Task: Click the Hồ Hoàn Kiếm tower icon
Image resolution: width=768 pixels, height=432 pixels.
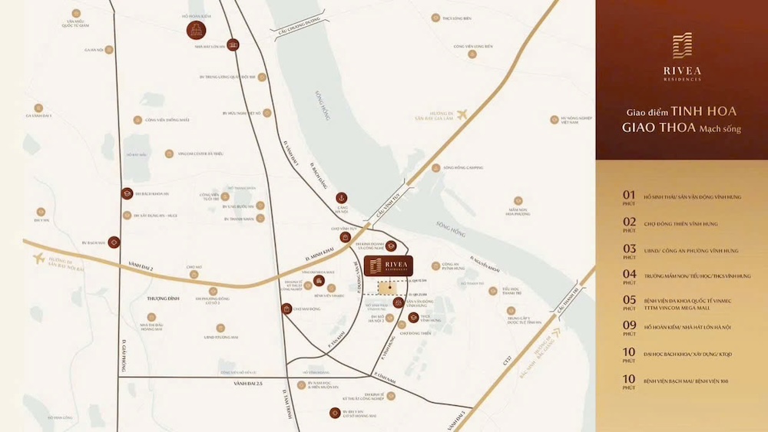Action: click(196, 30)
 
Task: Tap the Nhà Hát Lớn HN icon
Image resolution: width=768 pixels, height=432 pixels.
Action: click(235, 45)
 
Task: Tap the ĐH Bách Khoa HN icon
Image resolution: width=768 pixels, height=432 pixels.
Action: click(127, 193)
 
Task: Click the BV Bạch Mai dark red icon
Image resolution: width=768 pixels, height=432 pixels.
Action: click(114, 242)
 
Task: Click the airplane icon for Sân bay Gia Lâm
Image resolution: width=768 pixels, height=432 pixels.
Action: click(462, 115)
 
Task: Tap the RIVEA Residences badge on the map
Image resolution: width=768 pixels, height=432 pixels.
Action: click(389, 265)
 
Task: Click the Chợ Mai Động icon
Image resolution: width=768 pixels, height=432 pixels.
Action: click(286, 308)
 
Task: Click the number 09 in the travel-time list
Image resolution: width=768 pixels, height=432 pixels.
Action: click(629, 325)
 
